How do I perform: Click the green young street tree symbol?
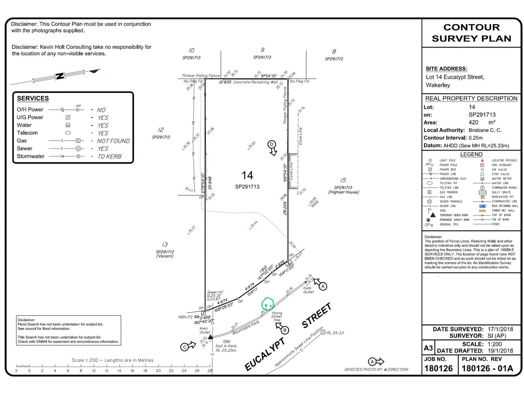click(x=268, y=303)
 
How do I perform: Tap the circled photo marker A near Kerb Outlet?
click(x=323, y=286)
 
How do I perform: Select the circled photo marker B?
click(x=285, y=330)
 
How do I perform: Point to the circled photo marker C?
click(x=184, y=347)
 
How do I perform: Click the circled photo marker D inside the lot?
click(x=271, y=144)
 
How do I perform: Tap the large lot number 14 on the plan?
click(x=247, y=175)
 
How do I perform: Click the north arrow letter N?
click(x=60, y=76)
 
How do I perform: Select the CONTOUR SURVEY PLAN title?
click(x=471, y=33)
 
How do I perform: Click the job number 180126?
click(x=438, y=368)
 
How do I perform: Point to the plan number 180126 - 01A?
click(x=487, y=368)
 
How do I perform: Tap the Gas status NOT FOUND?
click(x=113, y=141)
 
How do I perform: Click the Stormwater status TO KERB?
click(x=110, y=156)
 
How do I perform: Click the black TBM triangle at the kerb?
click(x=210, y=337)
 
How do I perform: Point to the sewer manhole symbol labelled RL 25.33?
click(x=323, y=332)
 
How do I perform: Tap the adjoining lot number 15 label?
click(x=343, y=180)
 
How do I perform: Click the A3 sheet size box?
click(x=428, y=348)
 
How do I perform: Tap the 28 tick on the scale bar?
click(x=210, y=370)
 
